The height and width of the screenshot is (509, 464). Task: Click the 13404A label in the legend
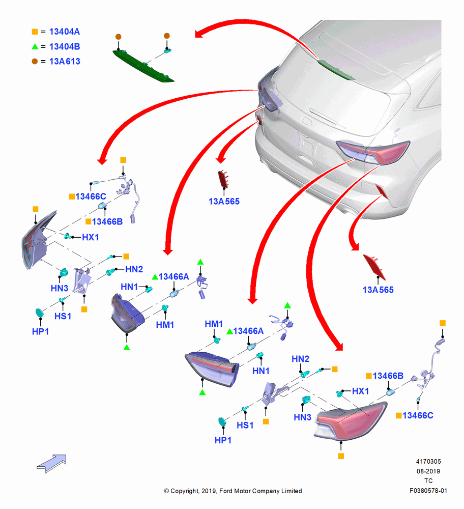coord(64,32)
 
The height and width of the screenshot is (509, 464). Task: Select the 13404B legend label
coord(64,46)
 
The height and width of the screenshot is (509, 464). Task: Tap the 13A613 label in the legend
coord(65,62)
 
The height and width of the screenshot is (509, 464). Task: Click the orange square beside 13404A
coord(35,32)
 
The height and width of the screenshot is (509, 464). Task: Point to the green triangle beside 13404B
coord(35,46)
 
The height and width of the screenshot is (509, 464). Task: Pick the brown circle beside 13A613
coord(35,62)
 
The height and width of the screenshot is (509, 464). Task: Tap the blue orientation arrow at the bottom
coord(52,464)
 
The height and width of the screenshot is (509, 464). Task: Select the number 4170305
coord(428,461)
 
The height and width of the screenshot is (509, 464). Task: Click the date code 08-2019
coord(428,471)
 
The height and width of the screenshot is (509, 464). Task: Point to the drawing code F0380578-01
coord(428,491)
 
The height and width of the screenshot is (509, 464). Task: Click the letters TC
coord(428,481)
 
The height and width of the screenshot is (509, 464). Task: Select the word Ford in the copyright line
coord(226,491)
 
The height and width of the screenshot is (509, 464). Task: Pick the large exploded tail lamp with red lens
coord(351,420)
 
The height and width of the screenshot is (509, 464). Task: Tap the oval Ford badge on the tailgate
coord(307,122)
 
